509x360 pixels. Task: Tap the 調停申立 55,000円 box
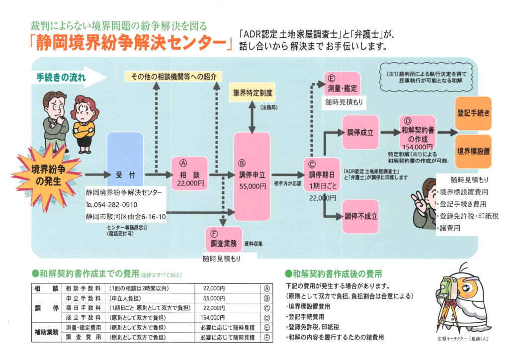pos(252,177)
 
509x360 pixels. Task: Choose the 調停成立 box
pos(360,132)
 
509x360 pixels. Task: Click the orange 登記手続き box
pos(473,113)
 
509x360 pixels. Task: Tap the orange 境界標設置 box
pos(473,151)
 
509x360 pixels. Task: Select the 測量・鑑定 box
pos(341,86)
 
